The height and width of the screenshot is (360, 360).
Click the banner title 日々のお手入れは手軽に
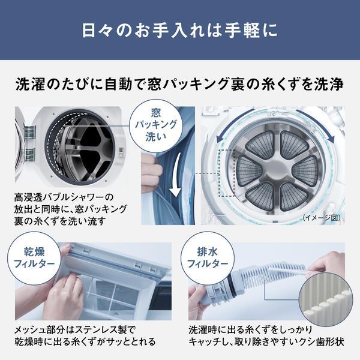coord(180,30)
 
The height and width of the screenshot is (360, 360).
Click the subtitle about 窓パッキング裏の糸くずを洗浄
coord(180,85)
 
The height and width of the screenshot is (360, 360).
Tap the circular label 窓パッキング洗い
coord(158,124)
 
